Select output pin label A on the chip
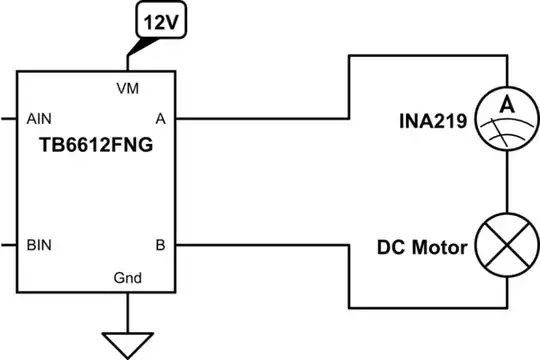coord(161,116)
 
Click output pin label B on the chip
coord(161,243)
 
